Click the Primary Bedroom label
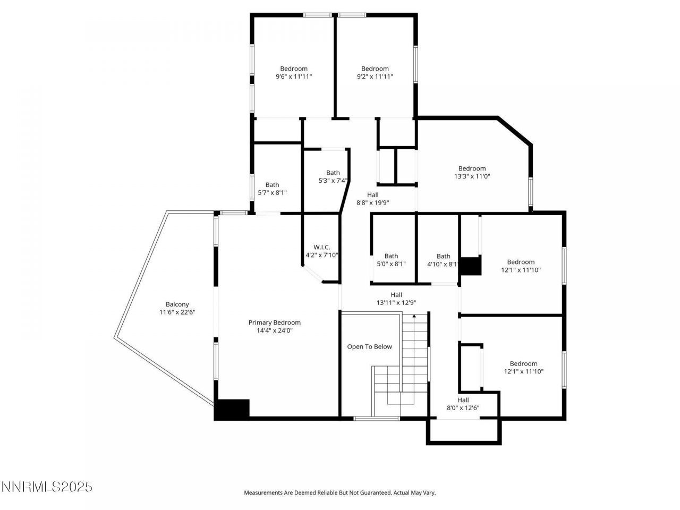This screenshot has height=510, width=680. pyautogui.click(x=274, y=322)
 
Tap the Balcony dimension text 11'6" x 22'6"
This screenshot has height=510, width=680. pyautogui.click(x=177, y=312)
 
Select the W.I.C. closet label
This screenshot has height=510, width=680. pyautogui.click(x=321, y=247)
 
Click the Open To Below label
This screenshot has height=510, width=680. pyautogui.click(x=369, y=347)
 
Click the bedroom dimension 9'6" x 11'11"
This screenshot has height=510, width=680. pyautogui.click(x=293, y=76)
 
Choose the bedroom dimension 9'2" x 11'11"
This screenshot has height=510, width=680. pyautogui.click(x=375, y=76)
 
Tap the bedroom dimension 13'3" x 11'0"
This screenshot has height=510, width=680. pyautogui.click(x=472, y=176)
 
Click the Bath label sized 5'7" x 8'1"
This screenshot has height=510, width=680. pyautogui.click(x=272, y=185)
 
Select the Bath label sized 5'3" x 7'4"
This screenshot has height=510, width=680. pyautogui.click(x=333, y=173)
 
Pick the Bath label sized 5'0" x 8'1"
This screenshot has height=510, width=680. pyautogui.click(x=391, y=256)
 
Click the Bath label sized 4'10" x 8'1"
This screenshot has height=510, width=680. pyautogui.click(x=443, y=256)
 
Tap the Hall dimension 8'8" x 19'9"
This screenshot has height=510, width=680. pyautogui.click(x=372, y=202)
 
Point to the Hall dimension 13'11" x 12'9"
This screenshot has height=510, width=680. pyautogui.click(x=396, y=303)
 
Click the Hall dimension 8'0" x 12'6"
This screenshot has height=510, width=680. pyautogui.click(x=463, y=408)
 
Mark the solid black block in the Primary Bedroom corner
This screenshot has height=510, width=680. pyautogui.click(x=232, y=409)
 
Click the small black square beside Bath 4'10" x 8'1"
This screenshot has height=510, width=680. pyautogui.click(x=470, y=266)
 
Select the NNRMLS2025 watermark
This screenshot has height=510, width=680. pyautogui.click(x=47, y=487)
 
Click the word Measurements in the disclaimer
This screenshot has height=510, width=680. pyautogui.click(x=263, y=493)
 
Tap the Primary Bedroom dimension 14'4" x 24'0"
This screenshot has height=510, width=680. pyautogui.click(x=274, y=330)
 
